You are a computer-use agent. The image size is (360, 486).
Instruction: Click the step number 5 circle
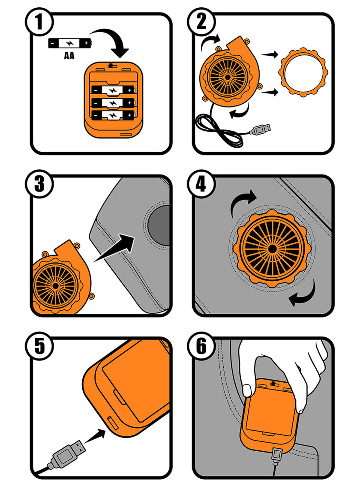39,346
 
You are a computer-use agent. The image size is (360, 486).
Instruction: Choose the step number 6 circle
201,346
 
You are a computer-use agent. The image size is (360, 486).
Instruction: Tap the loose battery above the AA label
69,44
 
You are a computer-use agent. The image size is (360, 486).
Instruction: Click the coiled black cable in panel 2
219,131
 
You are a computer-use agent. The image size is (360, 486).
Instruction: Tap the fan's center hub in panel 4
272,248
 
